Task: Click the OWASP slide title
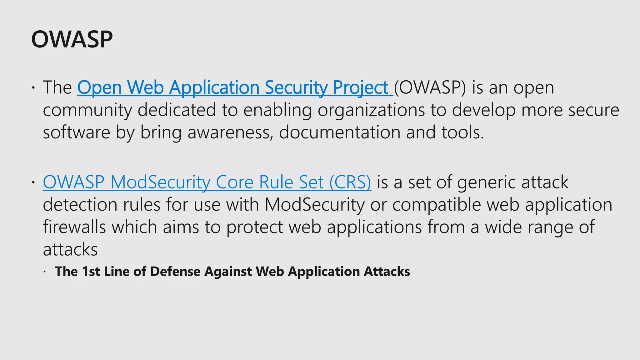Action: click(72, 39)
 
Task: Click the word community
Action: click(87, 110)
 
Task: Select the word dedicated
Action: click(177, 110)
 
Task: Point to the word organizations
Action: click(371, 110)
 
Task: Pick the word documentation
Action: click(339, 132)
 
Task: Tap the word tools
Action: click(462, 132)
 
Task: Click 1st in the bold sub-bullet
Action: click(91, 271)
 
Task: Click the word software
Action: click(77, 132)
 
